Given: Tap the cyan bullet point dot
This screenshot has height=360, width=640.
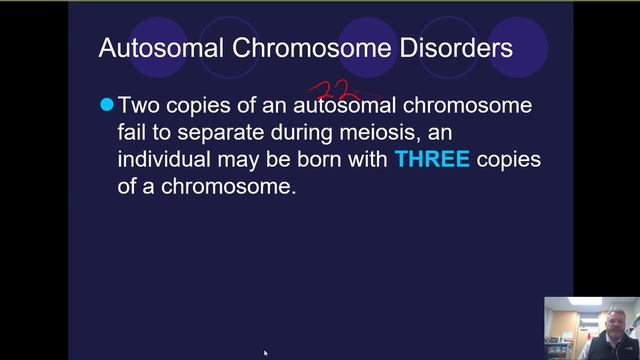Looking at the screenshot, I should [x=107, y=104].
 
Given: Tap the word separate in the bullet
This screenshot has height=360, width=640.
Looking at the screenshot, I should [x=211, y=132].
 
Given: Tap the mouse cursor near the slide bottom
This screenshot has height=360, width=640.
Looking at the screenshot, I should [x=266, y=353].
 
